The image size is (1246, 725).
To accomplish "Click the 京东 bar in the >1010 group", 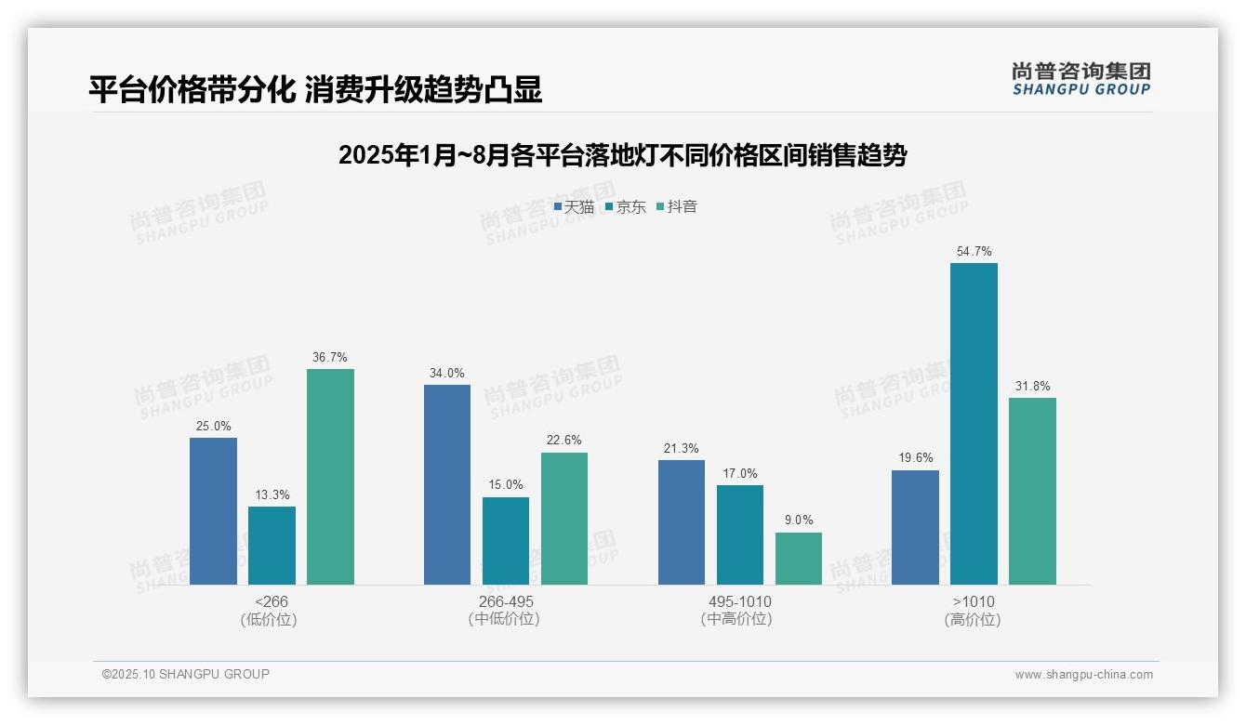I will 974,424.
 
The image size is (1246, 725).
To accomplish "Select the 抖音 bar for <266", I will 330,477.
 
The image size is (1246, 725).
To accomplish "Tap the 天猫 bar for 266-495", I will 447,484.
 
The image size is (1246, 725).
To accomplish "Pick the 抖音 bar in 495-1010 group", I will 799,559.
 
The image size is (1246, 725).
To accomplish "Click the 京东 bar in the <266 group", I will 272,546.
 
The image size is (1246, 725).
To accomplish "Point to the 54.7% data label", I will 974,252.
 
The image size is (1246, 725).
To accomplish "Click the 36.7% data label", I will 330,358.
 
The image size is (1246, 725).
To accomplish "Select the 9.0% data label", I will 799,521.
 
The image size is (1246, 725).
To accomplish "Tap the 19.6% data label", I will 915,458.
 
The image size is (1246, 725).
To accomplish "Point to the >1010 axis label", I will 974,602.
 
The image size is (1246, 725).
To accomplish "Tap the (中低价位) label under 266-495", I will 505,620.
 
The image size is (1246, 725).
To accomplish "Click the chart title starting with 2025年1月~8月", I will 622,155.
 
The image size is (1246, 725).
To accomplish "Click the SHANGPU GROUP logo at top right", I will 1080,79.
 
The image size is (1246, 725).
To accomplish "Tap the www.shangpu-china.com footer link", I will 1083,675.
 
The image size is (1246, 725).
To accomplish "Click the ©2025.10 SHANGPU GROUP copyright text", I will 186,675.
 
